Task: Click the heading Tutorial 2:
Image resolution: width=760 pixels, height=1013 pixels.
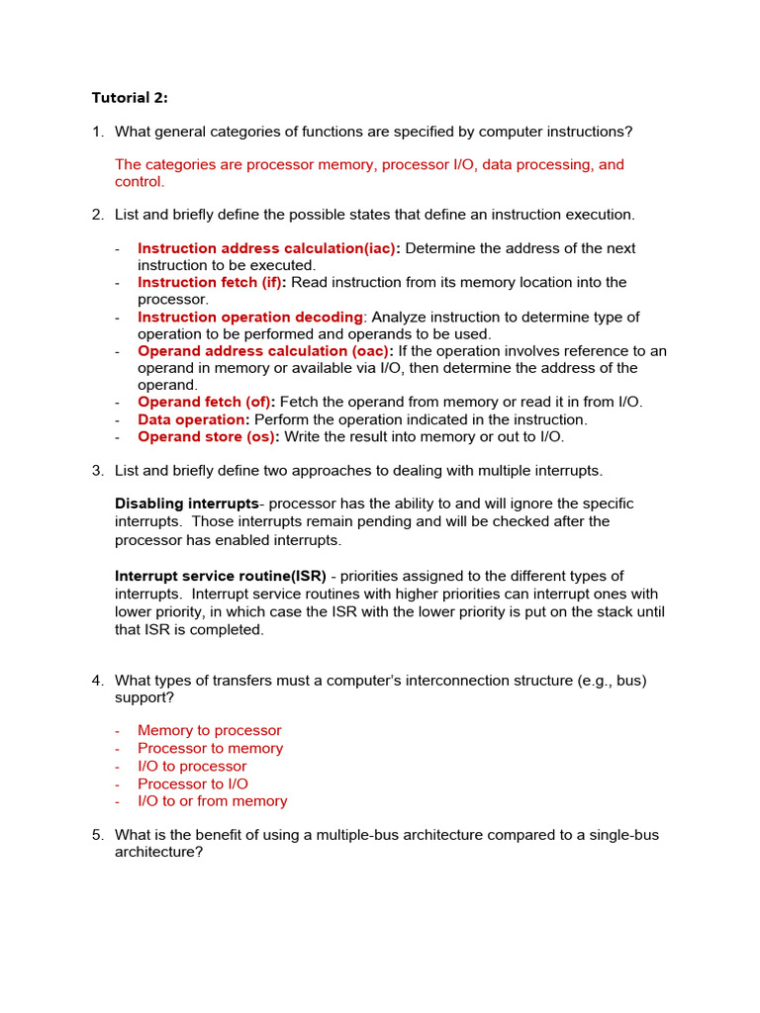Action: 130,97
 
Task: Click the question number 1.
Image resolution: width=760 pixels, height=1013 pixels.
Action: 97,132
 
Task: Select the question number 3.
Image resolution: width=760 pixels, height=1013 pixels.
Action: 97,470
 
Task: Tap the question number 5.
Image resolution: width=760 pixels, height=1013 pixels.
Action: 97,835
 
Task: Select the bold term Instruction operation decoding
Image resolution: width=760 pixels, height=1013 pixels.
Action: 250,318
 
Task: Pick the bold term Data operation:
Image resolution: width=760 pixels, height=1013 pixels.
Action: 194,419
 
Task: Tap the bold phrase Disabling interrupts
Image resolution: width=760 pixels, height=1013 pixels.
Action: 187,504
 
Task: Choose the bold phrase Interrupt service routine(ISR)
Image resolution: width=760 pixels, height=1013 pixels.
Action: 221,576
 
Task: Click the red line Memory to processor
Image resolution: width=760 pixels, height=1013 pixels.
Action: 210,731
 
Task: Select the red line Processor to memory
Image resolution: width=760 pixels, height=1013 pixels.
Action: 210,749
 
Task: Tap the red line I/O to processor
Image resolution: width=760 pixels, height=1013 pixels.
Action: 192,767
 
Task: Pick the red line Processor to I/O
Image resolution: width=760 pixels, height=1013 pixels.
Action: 193,784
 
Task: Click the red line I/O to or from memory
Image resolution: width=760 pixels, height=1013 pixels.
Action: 213,801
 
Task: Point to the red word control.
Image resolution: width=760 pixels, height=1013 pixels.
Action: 140,182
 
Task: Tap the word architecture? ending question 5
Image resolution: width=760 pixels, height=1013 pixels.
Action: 158,852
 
